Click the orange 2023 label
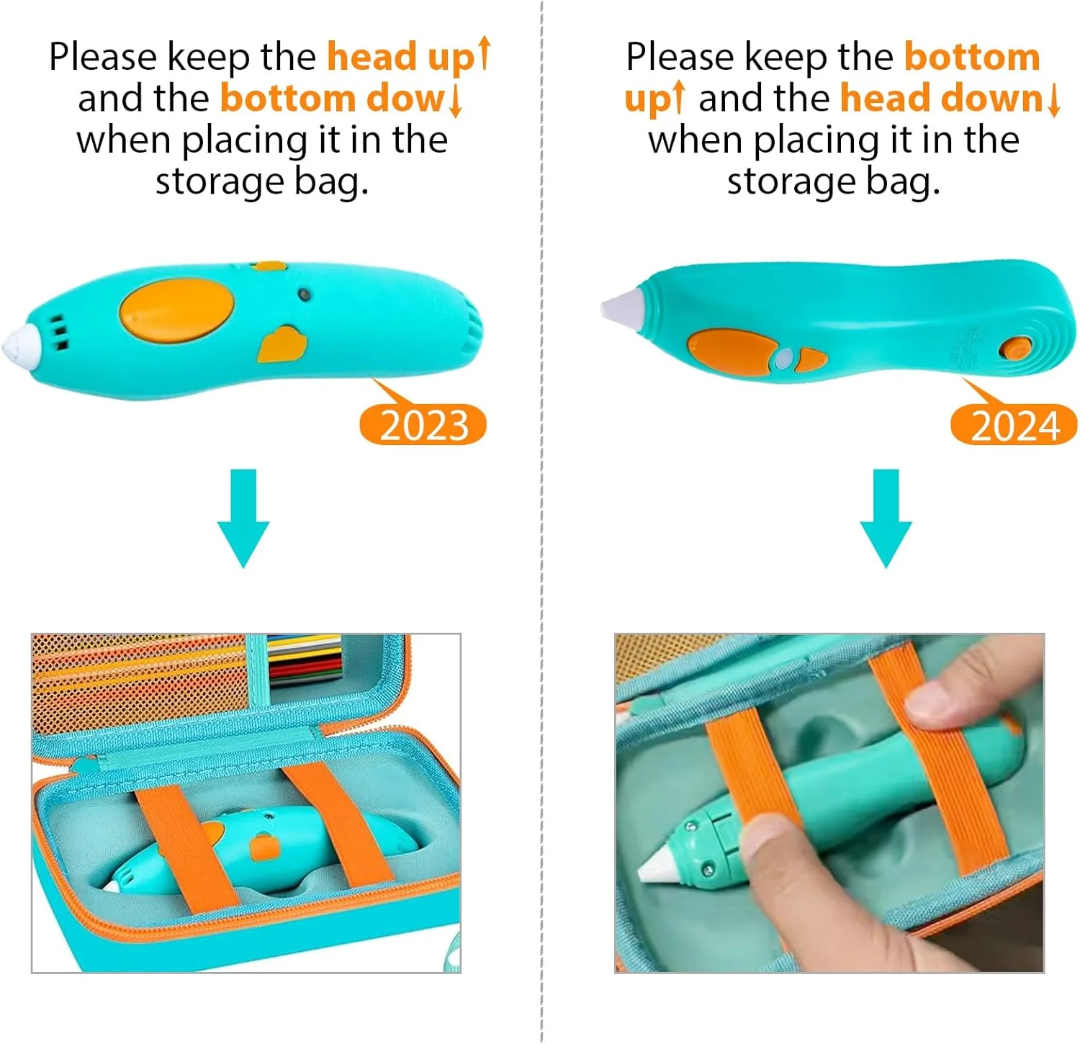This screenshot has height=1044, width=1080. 423,425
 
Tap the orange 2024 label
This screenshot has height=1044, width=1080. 1014,425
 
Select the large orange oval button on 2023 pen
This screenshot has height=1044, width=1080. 177,310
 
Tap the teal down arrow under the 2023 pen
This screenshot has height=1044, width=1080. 243,518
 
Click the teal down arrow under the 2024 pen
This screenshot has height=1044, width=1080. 886,518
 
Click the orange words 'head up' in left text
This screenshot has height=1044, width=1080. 401,58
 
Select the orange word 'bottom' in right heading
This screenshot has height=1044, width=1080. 972,57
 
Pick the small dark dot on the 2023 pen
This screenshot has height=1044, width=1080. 304,294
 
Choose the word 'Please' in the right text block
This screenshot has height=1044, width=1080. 680,58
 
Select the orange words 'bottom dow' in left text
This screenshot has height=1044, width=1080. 333,99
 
